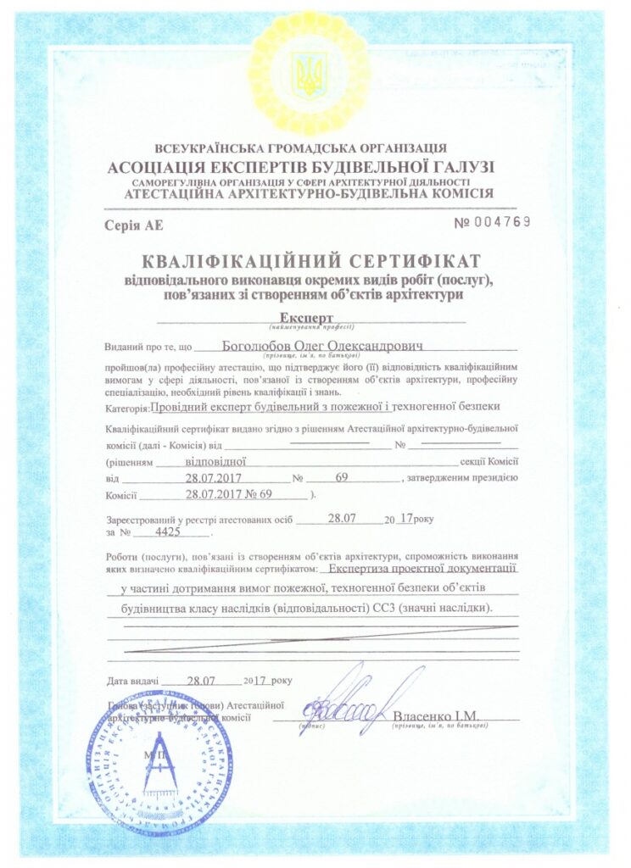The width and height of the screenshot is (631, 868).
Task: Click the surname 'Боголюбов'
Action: [257, 346]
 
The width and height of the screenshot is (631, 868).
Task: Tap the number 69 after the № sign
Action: [342, 478]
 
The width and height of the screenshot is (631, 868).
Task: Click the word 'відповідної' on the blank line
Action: [215, 462]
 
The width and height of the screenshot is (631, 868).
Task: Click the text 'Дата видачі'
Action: [132, 681]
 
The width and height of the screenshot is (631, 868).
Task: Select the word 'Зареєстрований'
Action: [145, 519]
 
